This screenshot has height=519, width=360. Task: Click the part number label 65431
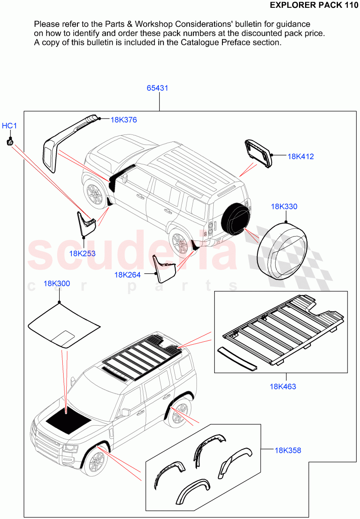pos(157,88)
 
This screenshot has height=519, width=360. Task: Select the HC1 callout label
pos(9,126)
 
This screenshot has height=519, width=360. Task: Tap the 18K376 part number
pos(124,120)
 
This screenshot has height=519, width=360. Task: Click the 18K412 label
pos(301,157)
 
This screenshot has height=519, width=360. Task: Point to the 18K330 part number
pos(284,207)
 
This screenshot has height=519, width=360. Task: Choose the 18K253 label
pos(82,253)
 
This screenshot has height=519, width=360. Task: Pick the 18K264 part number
pos(127,275)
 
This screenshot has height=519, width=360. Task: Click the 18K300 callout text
pos(57,284)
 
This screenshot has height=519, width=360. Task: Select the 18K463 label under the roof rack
pos(283,386)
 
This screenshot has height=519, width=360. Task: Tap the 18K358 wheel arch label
pos(288,450)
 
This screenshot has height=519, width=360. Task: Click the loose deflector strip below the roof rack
pos(237,358)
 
